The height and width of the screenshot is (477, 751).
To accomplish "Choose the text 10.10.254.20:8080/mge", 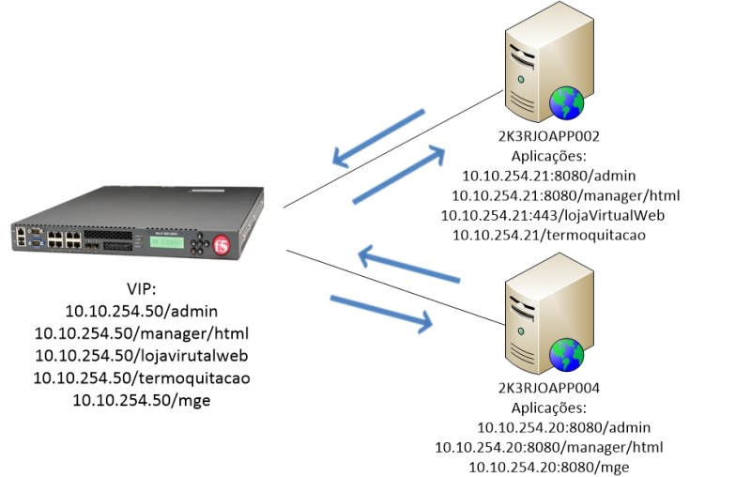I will coord(550,466).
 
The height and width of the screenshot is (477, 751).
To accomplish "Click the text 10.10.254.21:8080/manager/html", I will coord(565,195).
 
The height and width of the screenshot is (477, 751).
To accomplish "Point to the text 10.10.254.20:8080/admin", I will coord(548,427).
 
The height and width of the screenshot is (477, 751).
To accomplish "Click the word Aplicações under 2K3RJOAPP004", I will coord(548,408).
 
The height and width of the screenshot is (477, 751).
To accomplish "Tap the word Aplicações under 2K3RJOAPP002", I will coord(548,157).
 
